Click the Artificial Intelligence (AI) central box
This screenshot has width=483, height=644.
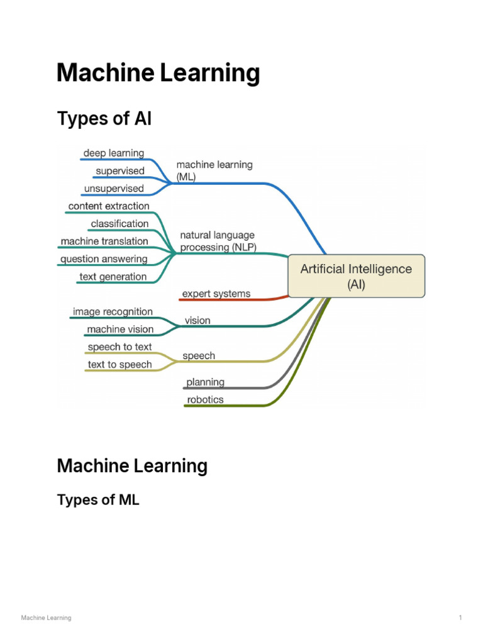click(x=356, y=276)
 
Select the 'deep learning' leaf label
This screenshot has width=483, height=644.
click(x=113, y=153)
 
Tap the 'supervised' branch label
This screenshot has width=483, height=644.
click(x=119, y=171)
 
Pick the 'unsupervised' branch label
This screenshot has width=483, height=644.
click(x=113, y=189)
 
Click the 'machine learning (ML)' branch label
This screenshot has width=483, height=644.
click(x=214, y=171)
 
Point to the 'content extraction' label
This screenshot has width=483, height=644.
click(x=109, y=206)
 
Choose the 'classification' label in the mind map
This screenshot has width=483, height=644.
click(x=119, y=224)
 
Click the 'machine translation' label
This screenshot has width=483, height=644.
click(x=104, y=241)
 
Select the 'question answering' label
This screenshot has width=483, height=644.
click(x=104, y=259)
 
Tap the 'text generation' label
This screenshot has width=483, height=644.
click(x=113, y=277)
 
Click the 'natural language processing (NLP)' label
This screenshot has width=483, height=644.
click(x=218, y=241)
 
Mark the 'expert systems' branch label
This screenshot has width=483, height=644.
click(x=216, y=294)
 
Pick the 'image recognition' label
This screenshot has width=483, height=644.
click(x=113, y=312)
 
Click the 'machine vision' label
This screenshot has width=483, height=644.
click(x=119, y=330)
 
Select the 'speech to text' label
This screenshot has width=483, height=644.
click(x=119, y=347)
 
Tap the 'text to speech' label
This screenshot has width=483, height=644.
click(x=119, y=365)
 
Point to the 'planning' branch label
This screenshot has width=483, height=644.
click(x=205, y=382)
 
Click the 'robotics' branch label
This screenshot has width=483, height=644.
click(x=205, y=400)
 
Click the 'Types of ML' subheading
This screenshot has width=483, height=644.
click(x=98, y=500)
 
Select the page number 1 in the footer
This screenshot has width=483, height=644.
click(x=460, y=618)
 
